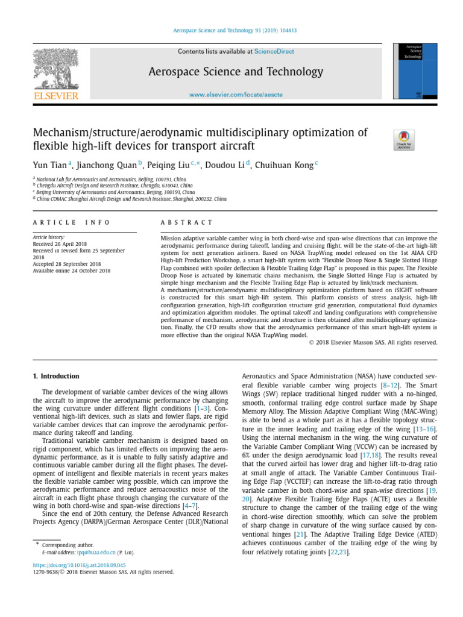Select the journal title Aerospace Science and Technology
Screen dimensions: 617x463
(236, 72)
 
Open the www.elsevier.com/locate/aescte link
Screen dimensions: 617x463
(236, 95)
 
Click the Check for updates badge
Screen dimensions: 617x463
(403, 140)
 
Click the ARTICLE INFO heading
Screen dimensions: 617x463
(71, 222)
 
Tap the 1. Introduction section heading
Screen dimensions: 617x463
(56, 377)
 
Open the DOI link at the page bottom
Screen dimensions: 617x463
(79, 565)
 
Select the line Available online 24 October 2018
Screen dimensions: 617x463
(72, 271)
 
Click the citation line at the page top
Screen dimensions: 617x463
(235, 30)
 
